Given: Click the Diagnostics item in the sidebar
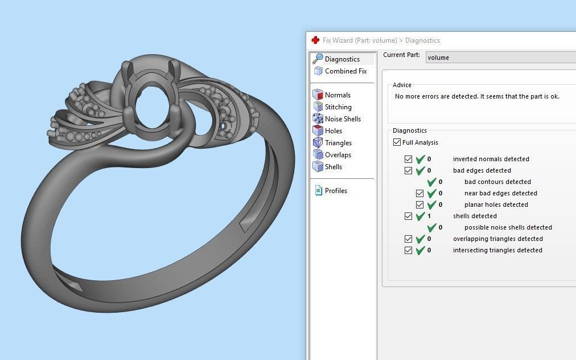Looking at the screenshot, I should pyautogui.click(x=342, y=59).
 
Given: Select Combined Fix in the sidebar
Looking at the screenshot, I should pyautogui.click(x=345, y=71).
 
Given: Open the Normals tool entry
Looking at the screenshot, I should pyautogui.click(x=338, y=95).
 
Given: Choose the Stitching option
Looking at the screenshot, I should pyautogui.click(x=338, y=107).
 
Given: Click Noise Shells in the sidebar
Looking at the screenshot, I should pyautogui.click(x=343, y=119).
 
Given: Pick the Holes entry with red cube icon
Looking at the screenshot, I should pyautogui.click(x=333, y=131).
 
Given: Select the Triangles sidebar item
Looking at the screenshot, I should pyautogui.click(x=338, y=143).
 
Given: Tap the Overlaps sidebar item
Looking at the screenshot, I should pyautogui.click(x=338, y=155).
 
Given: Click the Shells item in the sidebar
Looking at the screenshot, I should pyautogui.click(x=333, y=167).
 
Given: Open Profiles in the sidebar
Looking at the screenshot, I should pyautogui.click(x=336, y=191).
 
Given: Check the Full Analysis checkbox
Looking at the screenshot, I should pyautogui.click(x=397, y=142).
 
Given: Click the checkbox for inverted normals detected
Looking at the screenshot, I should pyautogui.click(x=408, y=159).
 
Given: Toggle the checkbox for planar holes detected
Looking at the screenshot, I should pyautogui.click(x=419, y=205).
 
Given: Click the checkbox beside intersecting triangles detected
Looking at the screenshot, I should pyautogui.click(x=408, y=251).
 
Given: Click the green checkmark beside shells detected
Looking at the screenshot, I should pyautogui.click(x=421, y=216).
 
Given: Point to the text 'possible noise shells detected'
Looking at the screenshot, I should pyautogui.click(x=508, y=228).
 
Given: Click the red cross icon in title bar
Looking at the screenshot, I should pyautogui.click(x=315, y=40).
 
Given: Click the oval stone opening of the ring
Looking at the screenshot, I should pyautogui.click(x=151, y=106).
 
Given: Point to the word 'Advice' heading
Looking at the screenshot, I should pyautogui.click(x=402, y=85).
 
